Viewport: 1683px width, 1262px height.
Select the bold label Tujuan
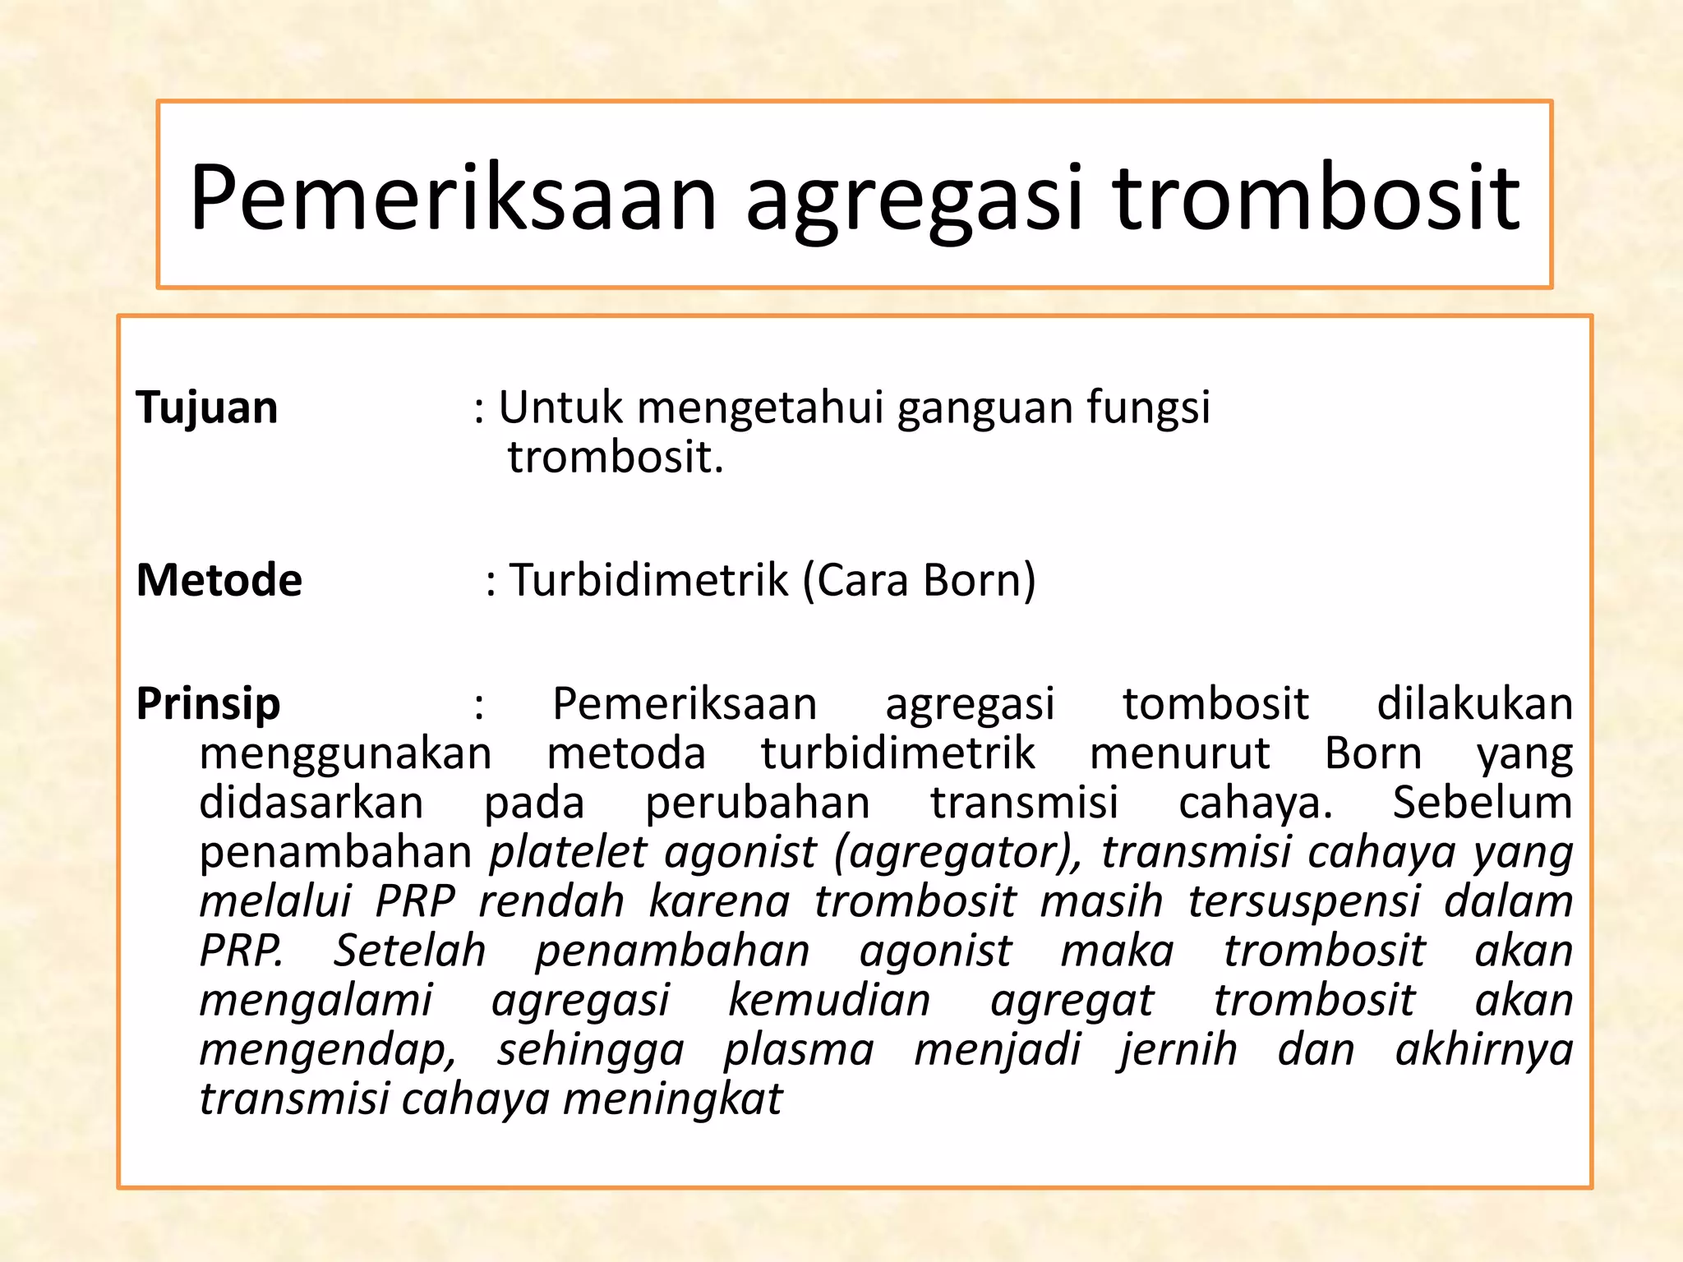coord(207,408)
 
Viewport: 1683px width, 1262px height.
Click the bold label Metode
coord(219,580)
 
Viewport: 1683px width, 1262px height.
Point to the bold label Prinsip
coord(209,704)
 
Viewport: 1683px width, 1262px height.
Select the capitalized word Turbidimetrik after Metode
coord(649,580)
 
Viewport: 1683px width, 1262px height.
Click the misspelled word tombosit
coord(1215,704)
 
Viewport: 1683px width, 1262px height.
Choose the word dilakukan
coord(1474,704)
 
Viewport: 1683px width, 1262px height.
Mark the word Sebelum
coord(1482,803)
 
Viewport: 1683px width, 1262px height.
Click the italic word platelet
coord(569,852)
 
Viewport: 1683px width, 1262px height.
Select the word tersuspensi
coord(1304,901)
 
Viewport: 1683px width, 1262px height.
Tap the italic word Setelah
coord(409,951)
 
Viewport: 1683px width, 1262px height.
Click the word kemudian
coord(829,1000)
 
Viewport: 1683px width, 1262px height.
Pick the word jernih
coord(1178,1049)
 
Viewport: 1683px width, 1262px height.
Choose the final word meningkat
coord(672,1098)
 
